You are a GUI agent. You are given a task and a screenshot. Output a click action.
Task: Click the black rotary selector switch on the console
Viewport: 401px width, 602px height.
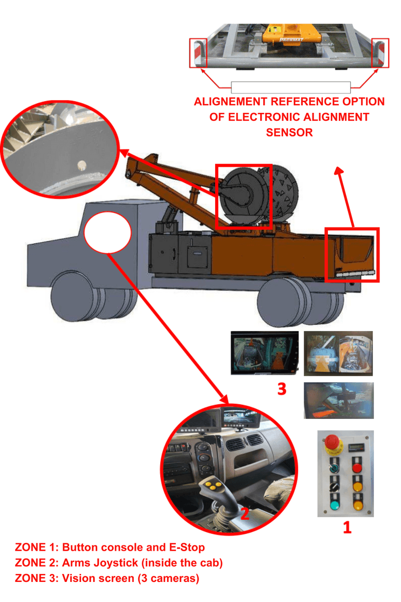pos(333,486)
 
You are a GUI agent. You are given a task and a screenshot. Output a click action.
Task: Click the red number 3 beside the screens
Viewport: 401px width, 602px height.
pos(282,389)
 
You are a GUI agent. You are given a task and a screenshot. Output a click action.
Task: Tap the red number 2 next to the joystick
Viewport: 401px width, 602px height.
pos(245,513)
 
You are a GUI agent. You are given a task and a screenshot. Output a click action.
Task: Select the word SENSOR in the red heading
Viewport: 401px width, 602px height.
pos(289,132)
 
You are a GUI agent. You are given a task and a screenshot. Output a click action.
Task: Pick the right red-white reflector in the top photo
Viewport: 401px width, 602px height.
pos(379,52)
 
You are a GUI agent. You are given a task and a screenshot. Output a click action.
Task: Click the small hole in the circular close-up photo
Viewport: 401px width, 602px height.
pos(80,164)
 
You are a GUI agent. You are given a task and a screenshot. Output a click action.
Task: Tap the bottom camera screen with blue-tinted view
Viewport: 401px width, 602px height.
pos(338,400)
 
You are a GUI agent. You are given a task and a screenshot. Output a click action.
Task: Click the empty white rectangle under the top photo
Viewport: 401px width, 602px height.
pos(290,87)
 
